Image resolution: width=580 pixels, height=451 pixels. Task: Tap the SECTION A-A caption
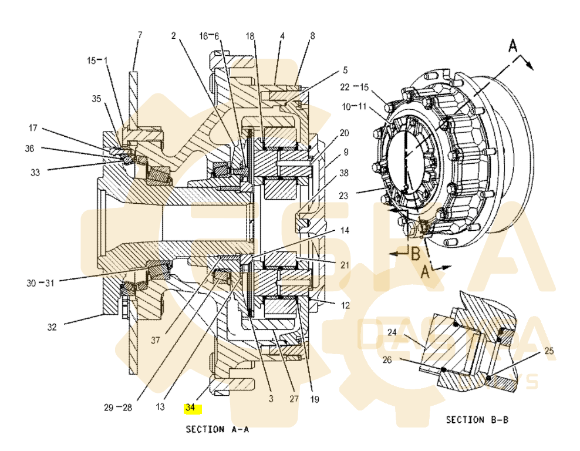(217, 429)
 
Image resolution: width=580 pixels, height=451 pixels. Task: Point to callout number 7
(139, 35)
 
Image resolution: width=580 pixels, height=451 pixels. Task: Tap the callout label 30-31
(40, 282)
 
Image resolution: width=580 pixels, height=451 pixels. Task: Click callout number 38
(343, 173)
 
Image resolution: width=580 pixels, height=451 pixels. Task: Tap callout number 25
(549, 351)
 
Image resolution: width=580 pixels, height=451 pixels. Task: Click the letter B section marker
(414, 254)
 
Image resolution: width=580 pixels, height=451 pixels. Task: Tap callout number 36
(29, 149)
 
